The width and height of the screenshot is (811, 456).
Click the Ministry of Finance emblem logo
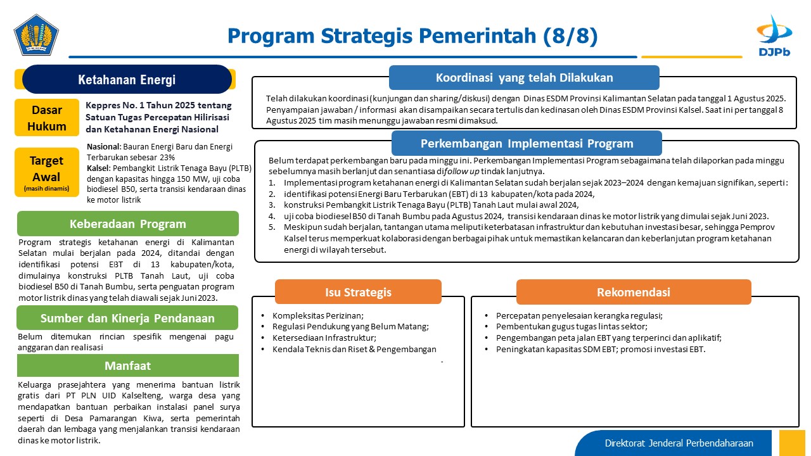[x=36, y=35]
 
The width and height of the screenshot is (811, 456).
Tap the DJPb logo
[x=774, y=36]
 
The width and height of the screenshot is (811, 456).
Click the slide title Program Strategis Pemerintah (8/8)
[x=412, y=36]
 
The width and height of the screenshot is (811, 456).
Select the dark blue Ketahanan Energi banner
[x=127, y=79]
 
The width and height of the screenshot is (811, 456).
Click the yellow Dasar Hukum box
[x=47, y=118]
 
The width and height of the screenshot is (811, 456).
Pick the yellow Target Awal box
[x=47, y=172]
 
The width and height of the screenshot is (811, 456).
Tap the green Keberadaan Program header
[x=128, y=224]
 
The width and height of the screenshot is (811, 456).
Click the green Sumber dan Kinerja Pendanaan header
[x=127, y=318]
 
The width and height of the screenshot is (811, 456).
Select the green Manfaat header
[x=128, y=365]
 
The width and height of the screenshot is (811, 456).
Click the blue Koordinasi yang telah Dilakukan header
[x=524, y=77]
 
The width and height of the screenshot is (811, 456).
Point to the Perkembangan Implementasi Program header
[x=527, y=143]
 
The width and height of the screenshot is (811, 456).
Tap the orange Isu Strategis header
[x=358, y=292]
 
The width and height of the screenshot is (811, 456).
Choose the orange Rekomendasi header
[x=634, y=292]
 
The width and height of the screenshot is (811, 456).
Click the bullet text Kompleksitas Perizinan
[x=318, y=315]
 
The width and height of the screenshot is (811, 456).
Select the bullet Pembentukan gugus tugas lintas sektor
[x=572, y=326]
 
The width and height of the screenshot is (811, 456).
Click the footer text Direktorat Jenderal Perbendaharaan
[x=679, y=443]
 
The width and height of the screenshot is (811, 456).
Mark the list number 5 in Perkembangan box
[x=272, y=227]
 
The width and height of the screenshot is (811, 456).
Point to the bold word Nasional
[x=103, y=146]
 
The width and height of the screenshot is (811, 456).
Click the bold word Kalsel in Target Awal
[x=98, y=168]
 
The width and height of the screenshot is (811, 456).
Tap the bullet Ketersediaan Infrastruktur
[x=324, y=338]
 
